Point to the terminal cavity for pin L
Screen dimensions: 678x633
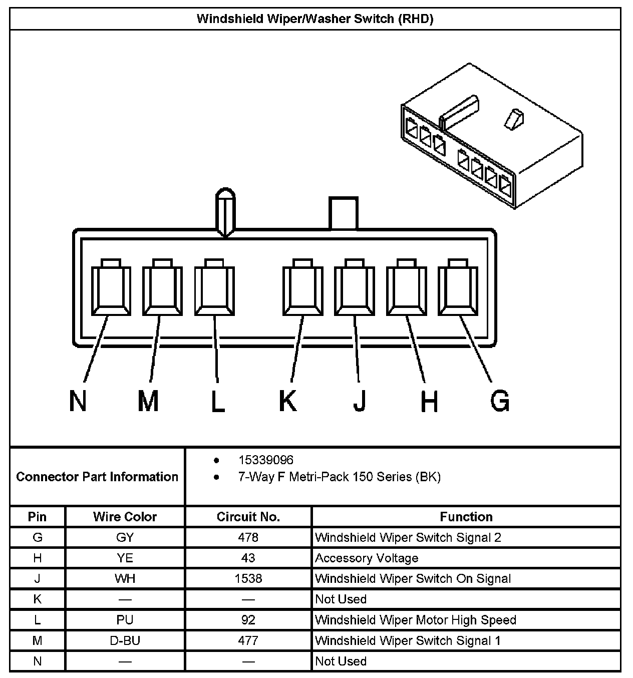click(214, 289)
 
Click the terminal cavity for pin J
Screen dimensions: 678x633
click(355, 289)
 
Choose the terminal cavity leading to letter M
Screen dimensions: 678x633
click(162, 289)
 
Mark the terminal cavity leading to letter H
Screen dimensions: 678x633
click(406, 289)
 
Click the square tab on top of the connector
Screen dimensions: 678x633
click(344, 213)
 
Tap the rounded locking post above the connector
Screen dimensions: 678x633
click(225, 210)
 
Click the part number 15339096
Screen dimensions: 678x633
click(266, 460)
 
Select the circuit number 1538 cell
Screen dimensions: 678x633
click(248, 579)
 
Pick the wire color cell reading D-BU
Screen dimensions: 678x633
click(125, 640)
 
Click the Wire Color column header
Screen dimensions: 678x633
click(125, 517)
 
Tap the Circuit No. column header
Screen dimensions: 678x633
click(248, 517)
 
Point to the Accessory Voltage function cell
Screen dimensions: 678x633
click(367, 558)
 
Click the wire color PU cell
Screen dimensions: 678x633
click(125, 620)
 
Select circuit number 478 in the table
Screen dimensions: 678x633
click(248, 538)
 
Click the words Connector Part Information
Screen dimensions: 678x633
click(97, 477)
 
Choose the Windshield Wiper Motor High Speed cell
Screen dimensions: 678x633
click(415, 620)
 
